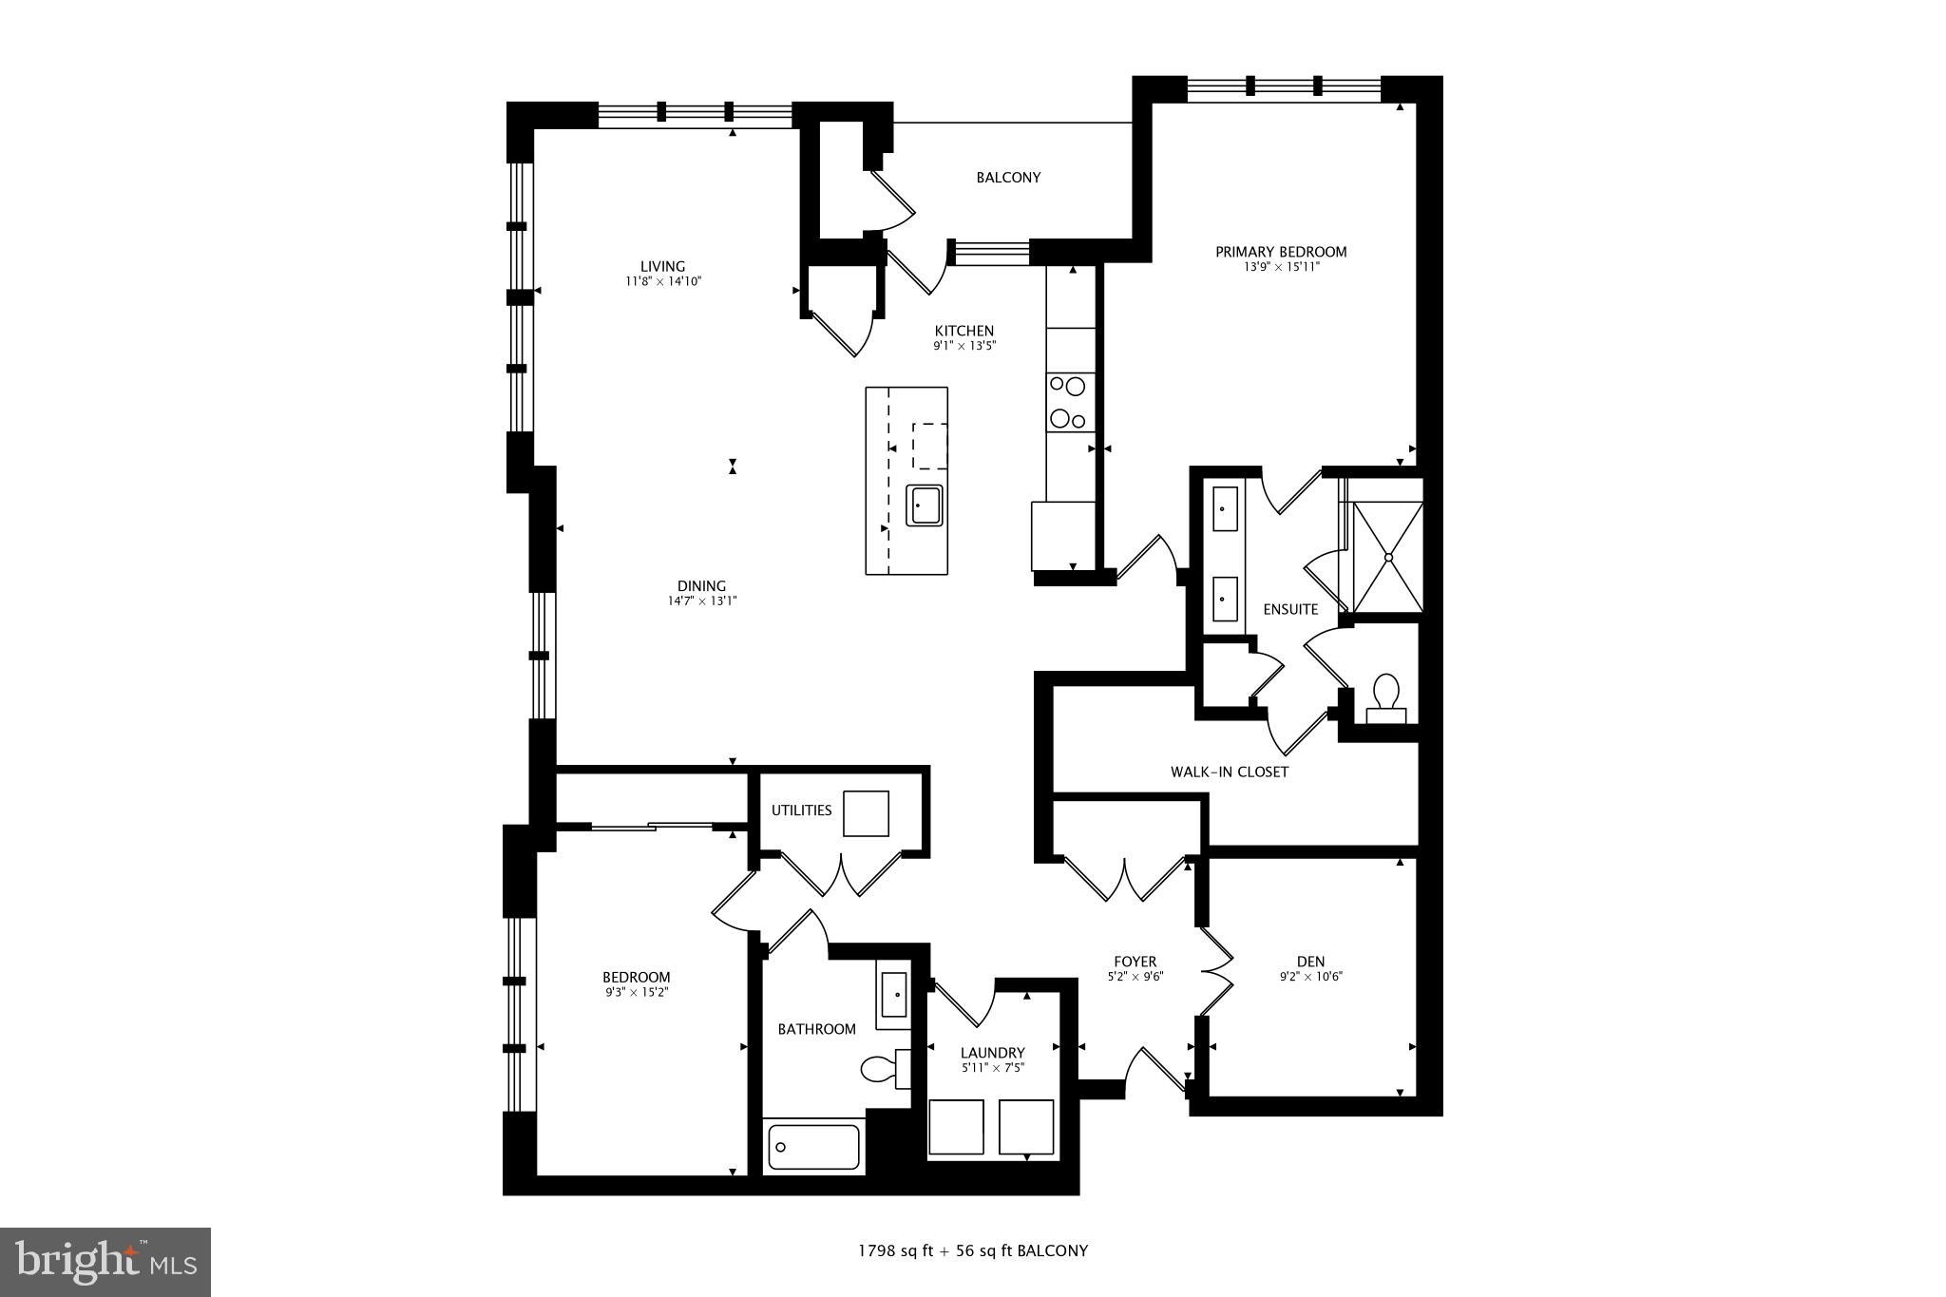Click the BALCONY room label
tap(1008, 178)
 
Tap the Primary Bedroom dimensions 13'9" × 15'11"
tap(1281, 267)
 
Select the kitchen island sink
tap(924, 505)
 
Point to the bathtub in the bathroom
tap(813, 1147)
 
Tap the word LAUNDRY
tap(992, 1053)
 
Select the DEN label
tap(1310, 962)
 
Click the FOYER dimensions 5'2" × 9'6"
tap(1135, 976)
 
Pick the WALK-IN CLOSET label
tap(1229, 772)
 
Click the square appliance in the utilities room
tap(866, 813)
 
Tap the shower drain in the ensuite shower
tap(1388, 558)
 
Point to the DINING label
tap(701, 586)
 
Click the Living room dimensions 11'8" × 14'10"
tap(662, 281)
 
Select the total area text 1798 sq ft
tap(896, 1251)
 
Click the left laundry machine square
tap(957, 1127)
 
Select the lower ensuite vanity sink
tap(1225, 599)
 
